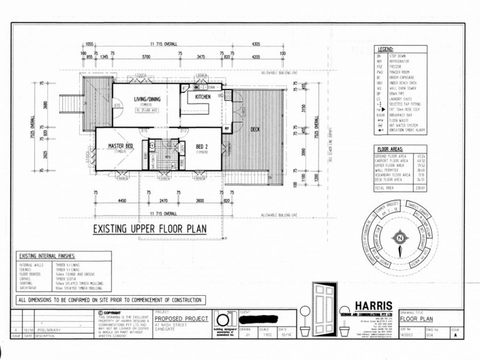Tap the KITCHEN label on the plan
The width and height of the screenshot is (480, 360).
[202, 97]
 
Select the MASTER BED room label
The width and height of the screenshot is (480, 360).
[121, 146]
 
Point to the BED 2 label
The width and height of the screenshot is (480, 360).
[202, 146]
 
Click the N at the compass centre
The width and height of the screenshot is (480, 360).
[398, 240]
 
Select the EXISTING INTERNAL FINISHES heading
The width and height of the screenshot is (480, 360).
[48, 254]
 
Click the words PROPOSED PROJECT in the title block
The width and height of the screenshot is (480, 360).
[181, 318]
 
